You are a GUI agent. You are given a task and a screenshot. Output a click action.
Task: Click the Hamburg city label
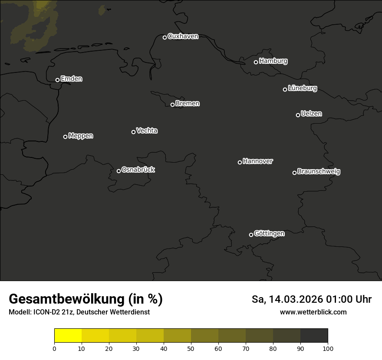click(x=273, y=61)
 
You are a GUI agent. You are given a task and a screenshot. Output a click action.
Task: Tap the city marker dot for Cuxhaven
click(x=165, y=37)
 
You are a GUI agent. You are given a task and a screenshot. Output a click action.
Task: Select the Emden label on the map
click(x=71, y=79)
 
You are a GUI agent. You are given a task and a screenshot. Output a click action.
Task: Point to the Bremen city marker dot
click(x=172, y=105)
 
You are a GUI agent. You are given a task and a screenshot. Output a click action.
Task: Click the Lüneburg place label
click(x=302, y=88)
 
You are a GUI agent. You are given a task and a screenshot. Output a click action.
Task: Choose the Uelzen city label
click(x=311, y=114)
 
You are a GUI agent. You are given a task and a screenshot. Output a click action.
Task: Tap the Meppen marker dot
click(x=65, y=137)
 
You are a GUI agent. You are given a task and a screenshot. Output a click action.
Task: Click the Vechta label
click(x=147, y=131)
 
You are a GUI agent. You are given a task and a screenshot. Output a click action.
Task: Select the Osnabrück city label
click(x=138, y=170)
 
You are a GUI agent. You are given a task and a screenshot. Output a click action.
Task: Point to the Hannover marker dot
click(x=240, y=162)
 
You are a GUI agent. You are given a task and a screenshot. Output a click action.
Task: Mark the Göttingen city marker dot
click(x=251, y=235)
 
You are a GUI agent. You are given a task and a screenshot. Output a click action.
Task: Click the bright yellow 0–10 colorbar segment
click(x=68, y=336)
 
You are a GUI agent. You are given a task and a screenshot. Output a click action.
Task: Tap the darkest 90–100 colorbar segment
click(x=314, y=336)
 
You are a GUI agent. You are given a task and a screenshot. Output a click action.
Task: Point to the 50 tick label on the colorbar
click(x=191, y=348)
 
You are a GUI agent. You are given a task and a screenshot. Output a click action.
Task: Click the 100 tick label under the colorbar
click(x=328, y=348)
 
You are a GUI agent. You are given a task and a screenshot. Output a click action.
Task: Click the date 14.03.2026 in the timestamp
click(x=296, y=299)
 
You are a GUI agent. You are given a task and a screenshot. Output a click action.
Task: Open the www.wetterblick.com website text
click(x=313, y=312)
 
